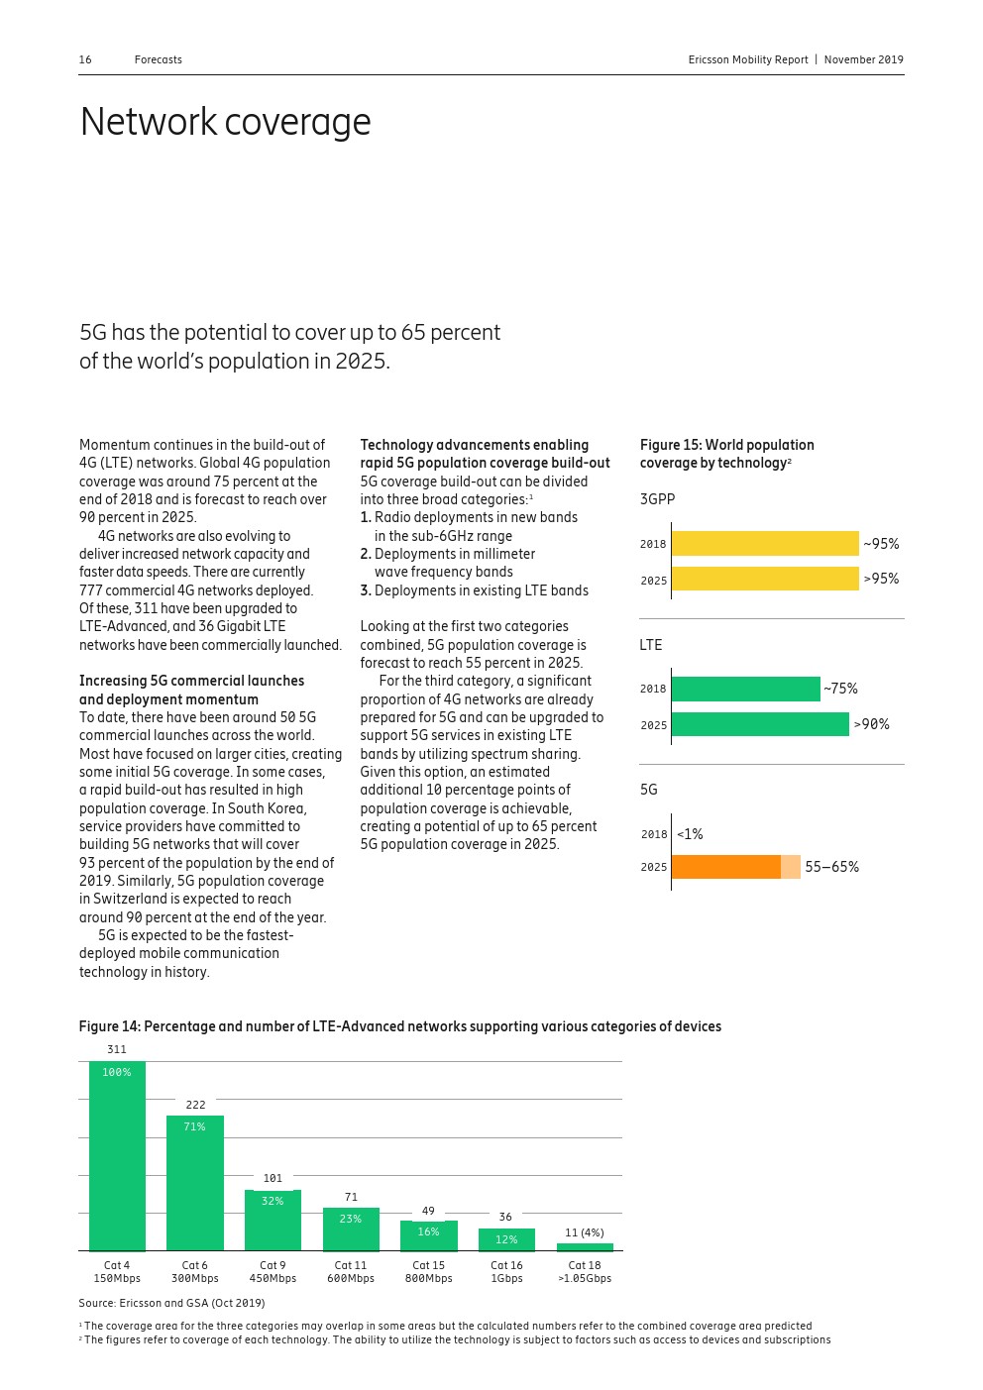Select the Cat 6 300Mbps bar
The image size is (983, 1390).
(195, 1184)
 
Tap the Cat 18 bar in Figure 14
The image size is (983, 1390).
(585, 1247)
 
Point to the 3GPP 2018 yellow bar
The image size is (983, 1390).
(765, 543)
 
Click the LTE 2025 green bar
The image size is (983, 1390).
(760, 725)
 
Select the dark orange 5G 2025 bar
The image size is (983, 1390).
(726, 867)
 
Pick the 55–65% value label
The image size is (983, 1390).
(831, 867)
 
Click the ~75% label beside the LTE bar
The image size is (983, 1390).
(840, 689)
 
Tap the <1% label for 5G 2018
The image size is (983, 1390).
(690, 834)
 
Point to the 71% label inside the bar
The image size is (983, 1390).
(194, 1126)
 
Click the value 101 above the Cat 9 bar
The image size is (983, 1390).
(273, 1178)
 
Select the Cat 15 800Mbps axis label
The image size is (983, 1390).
(428, 1272)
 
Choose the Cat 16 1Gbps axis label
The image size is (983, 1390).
(506, 1272)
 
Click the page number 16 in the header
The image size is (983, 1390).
(85, 59)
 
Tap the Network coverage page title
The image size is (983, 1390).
(225, 122)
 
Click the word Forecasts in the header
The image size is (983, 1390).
(159, 59)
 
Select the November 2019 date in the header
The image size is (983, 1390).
(863, 59)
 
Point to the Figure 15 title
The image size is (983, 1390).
(726, 454)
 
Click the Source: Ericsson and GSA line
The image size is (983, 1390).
(171, 1303)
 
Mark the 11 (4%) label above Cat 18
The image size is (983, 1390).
(584, 1232)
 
